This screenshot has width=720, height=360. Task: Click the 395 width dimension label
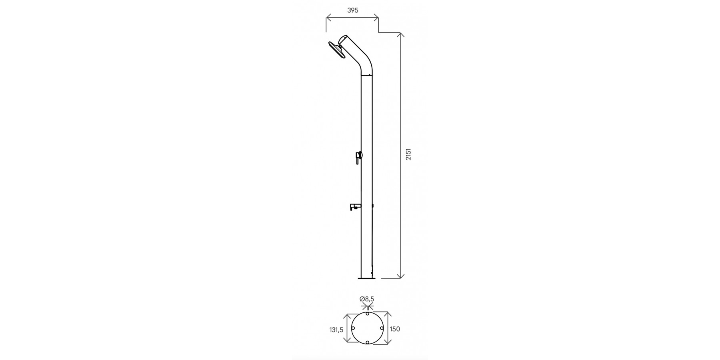pos(352,11)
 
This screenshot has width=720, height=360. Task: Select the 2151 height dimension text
pos(408,154)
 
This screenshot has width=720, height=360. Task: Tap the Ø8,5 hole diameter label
pos(367,299)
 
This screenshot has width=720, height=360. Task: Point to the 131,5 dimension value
pos(336,330)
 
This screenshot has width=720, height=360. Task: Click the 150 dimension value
pos(395,329)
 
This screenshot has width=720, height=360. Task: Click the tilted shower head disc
pos(335,50)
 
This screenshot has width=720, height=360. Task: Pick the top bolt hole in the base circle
pos(367,314)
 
